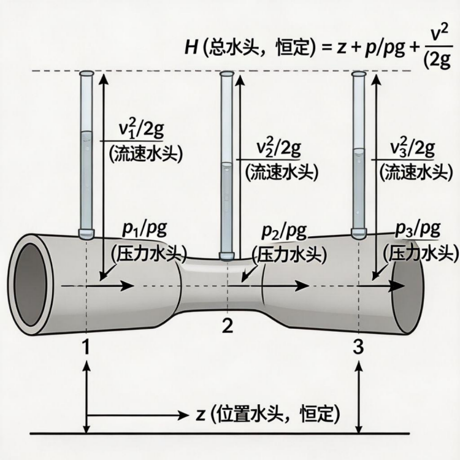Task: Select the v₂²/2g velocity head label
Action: pyautogui.click(x=278, y=148)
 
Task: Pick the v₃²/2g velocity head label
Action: pyautogui.click(x=413, y=148)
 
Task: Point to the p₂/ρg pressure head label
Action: pyautogui.click(x=284, y=232)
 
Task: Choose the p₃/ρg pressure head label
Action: pyautogui.click(x=418, y=229)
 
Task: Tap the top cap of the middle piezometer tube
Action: pyautogui.click(x=227, y=74)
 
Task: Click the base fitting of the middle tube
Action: pyautogui.click(x=227, y=255)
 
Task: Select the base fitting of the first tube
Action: pyautogui.click(x=86, y=233)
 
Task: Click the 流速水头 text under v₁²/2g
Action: pyautogui.click(x=147, y=154)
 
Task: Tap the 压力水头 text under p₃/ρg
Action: pyautogui.click(x=420, y=253)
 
